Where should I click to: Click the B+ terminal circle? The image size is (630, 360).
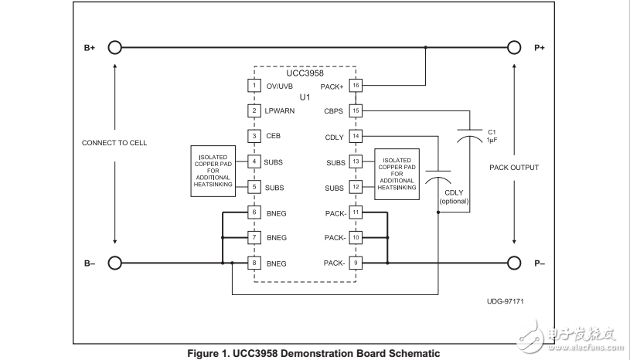[114, 47]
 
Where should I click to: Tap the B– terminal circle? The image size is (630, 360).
[114, 263]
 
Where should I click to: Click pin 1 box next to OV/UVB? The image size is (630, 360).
[254, 85]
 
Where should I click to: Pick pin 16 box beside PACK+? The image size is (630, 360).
[356, 85]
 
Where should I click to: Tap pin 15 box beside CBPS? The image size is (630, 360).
[356, 110]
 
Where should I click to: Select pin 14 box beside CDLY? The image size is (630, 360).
[356, 136]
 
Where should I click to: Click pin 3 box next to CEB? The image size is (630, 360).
[254, 136]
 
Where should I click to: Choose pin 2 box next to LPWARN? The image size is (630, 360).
[254, 110]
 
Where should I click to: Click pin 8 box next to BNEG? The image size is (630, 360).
[254, 263]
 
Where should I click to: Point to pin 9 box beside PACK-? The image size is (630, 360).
[356, 263]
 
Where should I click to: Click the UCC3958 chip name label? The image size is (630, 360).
[305, 73]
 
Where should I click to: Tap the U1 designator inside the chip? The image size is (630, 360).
[305, 97]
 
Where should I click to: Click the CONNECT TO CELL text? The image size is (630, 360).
[114, 143]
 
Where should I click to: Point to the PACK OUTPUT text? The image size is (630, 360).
[514, 167]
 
